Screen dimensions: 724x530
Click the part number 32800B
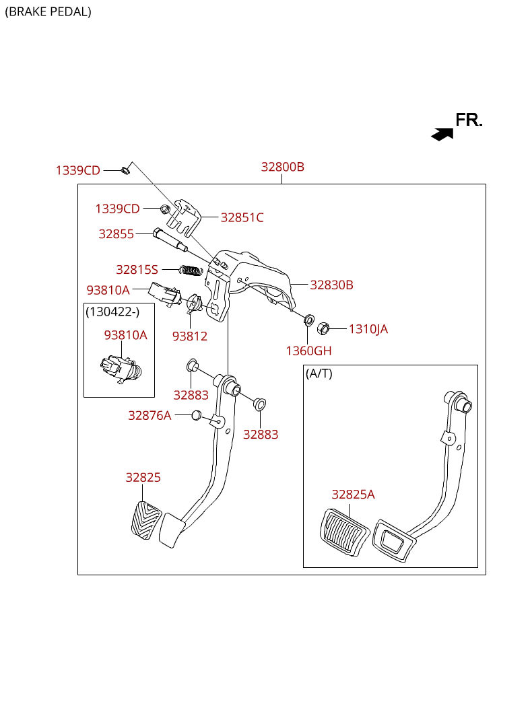282,167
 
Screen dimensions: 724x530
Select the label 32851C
242,217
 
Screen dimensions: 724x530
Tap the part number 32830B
331,285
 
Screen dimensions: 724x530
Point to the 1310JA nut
323,328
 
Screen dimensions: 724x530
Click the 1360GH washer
309,319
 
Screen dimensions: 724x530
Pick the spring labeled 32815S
191,270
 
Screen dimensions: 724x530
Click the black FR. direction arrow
442,134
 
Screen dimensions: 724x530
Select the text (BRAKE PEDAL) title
48,11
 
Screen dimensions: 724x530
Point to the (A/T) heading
319,373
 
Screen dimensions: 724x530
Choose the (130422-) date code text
112,312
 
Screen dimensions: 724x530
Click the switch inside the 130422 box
120,369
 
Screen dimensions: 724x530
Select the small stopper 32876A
197,414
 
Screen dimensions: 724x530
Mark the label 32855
116,233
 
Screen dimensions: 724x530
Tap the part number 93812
189,336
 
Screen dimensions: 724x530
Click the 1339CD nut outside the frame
125,170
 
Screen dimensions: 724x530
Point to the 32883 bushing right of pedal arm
259,404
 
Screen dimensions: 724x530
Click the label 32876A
150,415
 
